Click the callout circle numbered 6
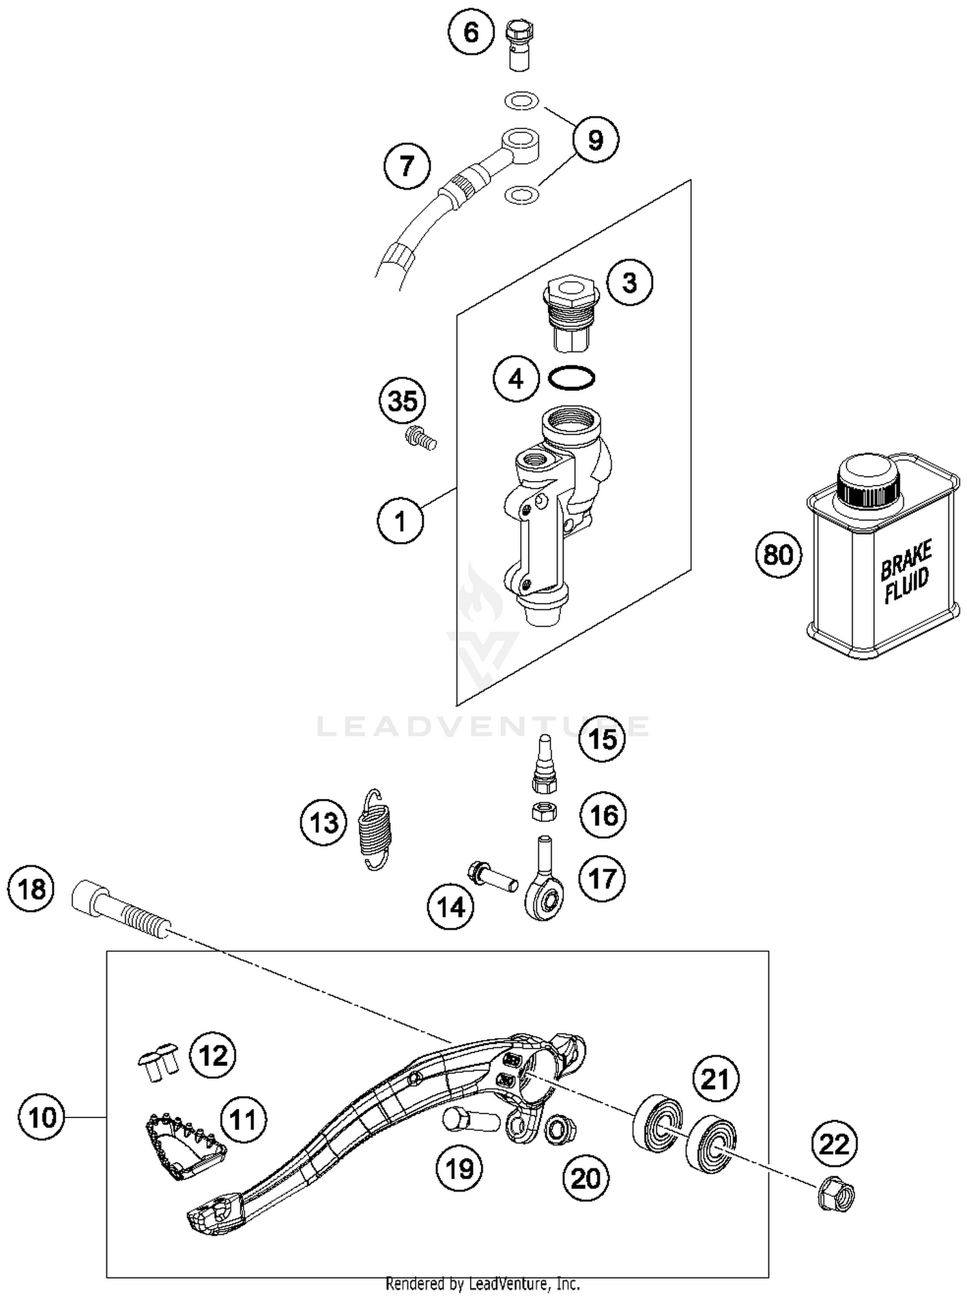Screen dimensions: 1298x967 pyautogui.click(x=471, y=32)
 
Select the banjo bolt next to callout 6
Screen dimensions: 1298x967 pyautogui.click(x=520, y=45)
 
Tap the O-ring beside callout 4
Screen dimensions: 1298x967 pyautogui.click(x=572, y=379)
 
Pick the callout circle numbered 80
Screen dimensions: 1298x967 pyautogui.click(x=778, y=555)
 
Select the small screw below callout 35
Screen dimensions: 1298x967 pyautogui.click(x=421, y=438)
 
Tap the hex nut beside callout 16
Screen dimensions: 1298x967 pyautogui.click(x=544, y=811)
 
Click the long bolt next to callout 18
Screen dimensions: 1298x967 pyautogui.click(x=122, y=909)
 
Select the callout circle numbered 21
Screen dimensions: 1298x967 pyautogui.click(x=714, y=1079)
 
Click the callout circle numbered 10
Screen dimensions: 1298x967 pyautogui.click(x=43, y=1116)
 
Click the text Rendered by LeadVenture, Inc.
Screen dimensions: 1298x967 pyautogui.click(x=482, y=1283)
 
